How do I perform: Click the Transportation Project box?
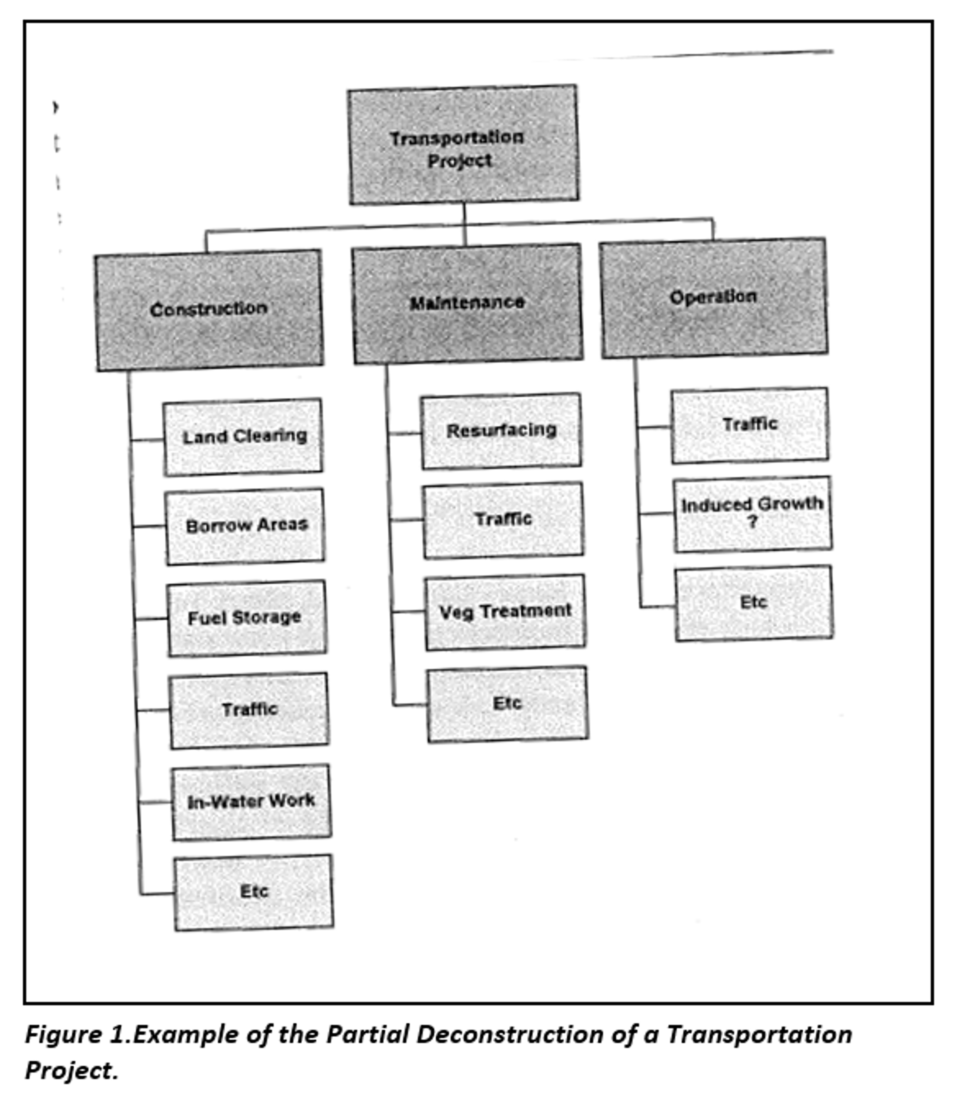[463, 146]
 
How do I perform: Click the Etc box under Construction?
[254, 892]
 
